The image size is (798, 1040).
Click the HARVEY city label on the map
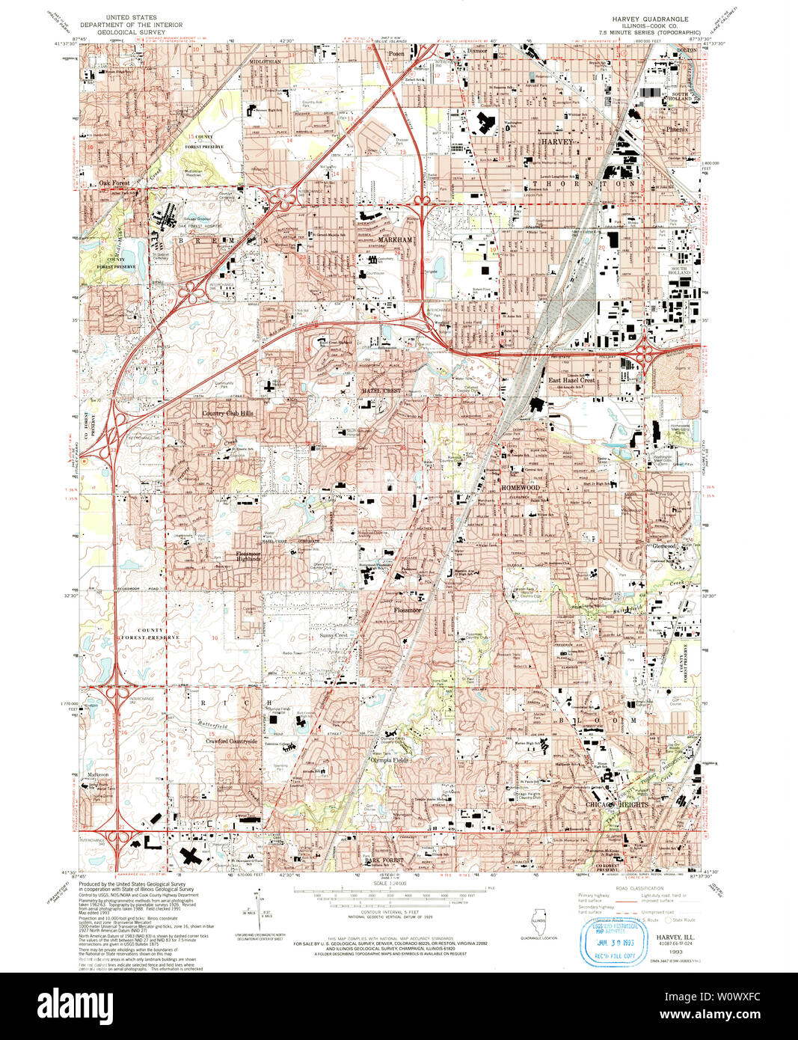[556, 141]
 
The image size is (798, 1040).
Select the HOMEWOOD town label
[520, 488]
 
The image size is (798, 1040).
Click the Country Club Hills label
[227, 413]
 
